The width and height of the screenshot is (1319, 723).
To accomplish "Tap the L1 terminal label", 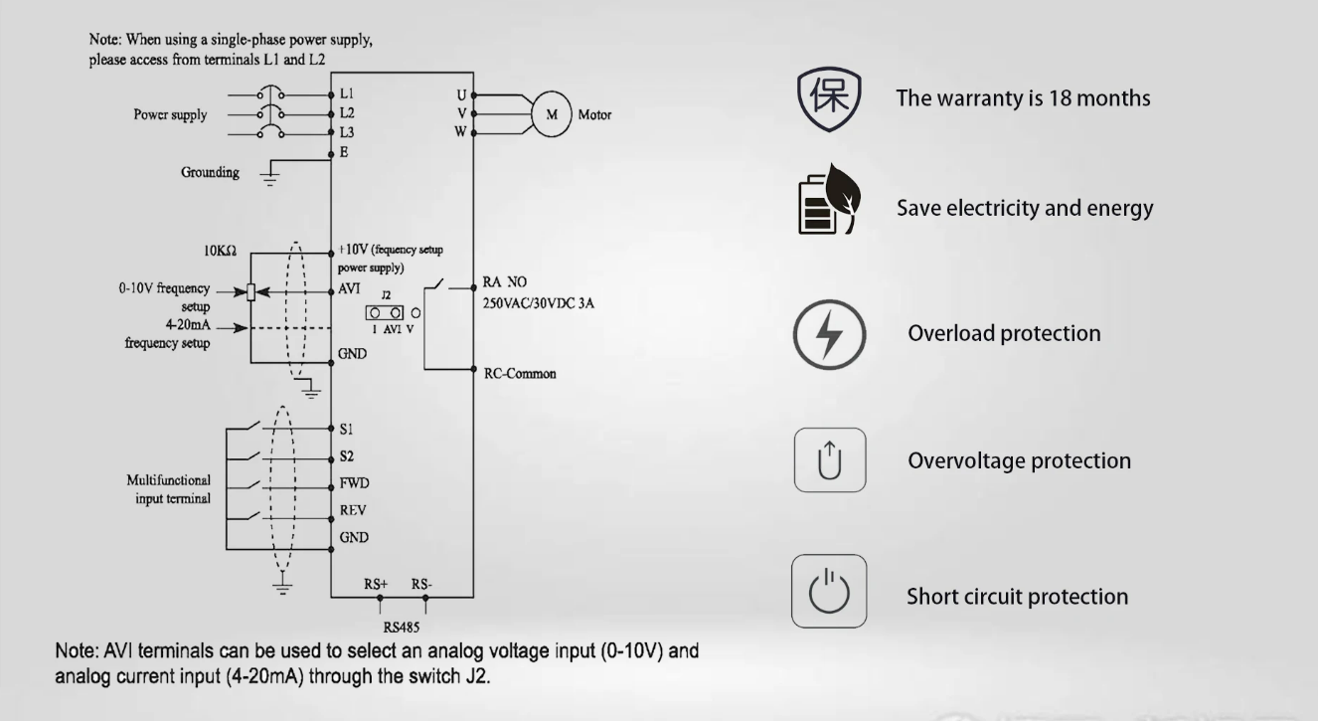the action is pos(347,93).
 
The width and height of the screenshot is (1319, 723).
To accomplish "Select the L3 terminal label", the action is pos(347,132).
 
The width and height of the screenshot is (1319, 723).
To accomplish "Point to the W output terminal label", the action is pos(460,131).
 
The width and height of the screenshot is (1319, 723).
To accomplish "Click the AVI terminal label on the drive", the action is pos(349,288).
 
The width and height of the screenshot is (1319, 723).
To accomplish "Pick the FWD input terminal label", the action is pos(355,483).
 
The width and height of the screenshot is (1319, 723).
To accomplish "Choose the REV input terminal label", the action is pos(353,510).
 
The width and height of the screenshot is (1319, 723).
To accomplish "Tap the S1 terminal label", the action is pos(346,429).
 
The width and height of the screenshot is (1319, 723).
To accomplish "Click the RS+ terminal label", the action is pos(376,584).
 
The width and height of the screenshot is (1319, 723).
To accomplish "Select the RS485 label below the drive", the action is pos(402,628).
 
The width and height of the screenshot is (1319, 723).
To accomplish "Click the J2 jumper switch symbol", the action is pos(385,313).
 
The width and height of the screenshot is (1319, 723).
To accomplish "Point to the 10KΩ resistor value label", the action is pos(221,251).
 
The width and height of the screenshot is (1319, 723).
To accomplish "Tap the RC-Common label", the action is pos(520,374).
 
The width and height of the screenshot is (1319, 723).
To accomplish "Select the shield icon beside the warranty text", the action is pos(829,99).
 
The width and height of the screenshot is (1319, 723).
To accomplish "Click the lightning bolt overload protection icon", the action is pos(829,335).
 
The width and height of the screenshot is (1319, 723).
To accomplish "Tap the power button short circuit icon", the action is pos(829,591).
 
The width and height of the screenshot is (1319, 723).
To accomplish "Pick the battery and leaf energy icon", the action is pos(829,199).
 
